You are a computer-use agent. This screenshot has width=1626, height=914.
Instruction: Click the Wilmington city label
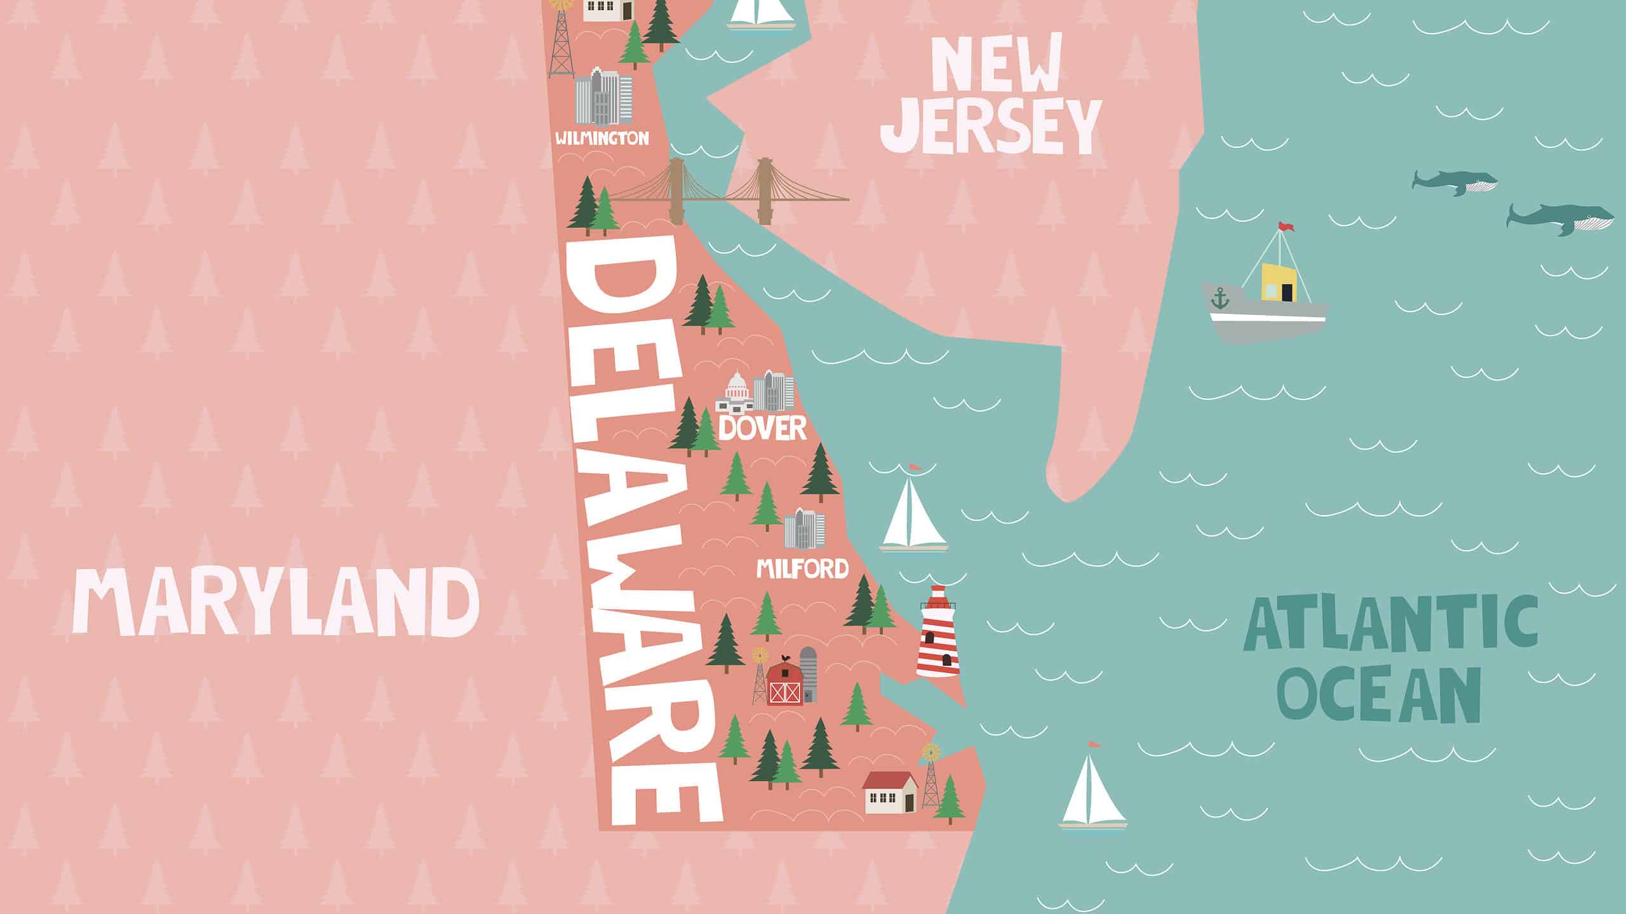pos(602,138)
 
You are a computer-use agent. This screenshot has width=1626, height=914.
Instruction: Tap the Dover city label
pos(762,429)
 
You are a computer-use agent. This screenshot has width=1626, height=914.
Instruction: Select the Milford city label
pos(802,568)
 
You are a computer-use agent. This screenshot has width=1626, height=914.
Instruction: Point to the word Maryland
pos(276,602)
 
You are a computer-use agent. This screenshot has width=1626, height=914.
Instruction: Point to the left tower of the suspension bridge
pos(674,187)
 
